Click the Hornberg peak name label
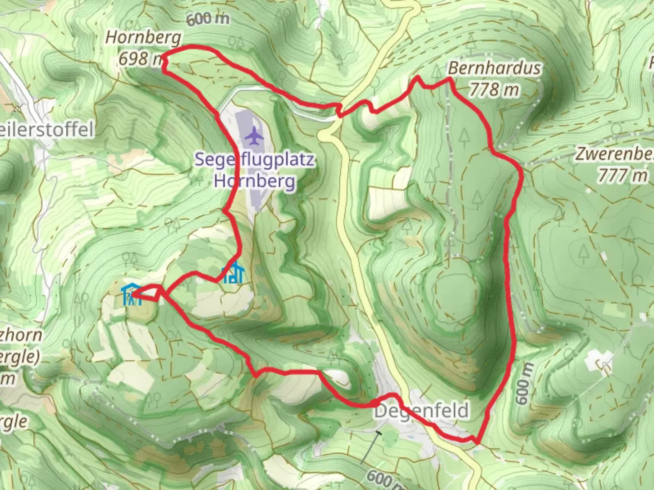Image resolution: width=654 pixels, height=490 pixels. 143,38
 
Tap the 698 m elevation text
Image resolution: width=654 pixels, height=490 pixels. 140,59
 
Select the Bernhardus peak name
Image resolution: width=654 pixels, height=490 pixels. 494,68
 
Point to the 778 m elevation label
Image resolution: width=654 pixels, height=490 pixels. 494,89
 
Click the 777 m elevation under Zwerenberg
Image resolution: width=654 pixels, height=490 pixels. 622,175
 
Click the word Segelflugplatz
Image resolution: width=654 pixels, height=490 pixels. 255,160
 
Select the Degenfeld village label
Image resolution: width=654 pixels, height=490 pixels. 421,411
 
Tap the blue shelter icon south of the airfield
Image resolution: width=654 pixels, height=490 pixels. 233,272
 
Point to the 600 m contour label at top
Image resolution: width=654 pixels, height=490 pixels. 207,19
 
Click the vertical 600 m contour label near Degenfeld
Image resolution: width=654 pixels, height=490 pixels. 523,383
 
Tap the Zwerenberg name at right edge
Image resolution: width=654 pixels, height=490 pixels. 615,154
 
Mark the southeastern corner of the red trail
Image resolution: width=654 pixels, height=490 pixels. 477,441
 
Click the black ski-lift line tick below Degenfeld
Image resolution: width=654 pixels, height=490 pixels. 377,433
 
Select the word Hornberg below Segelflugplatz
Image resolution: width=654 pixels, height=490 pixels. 255,181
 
